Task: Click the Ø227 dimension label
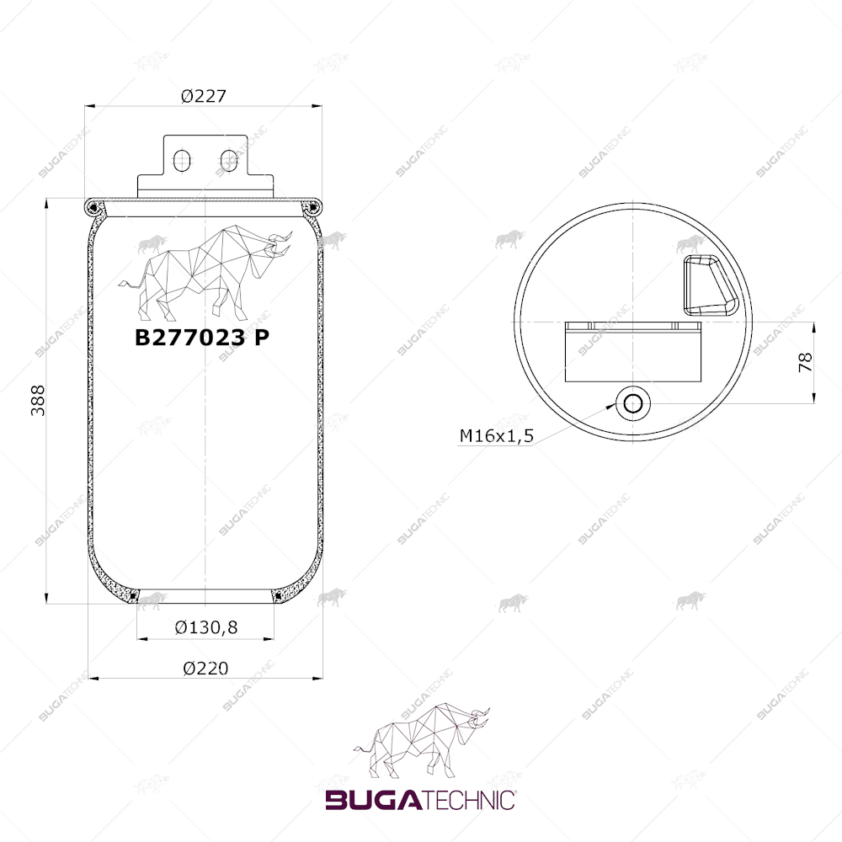pos(204,96)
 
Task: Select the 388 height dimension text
pos(38,401)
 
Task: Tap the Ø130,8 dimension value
pos(206,627)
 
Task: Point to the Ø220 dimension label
pos(205,669)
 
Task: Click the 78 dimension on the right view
pos(806,362)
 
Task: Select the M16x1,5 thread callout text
pos(497,435)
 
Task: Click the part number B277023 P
pos(202,338)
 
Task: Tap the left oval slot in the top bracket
pos(182,161)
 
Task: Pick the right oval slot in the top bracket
pos(229,161)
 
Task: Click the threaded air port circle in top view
pos(633,403)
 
